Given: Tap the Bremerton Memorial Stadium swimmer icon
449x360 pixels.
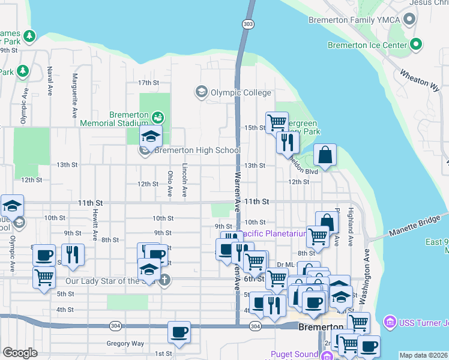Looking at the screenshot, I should (157, 116).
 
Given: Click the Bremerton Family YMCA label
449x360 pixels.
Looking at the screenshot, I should (354, 19).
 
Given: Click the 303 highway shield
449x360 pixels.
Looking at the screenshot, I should (248, 23).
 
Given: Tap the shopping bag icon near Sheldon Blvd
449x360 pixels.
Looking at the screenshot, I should (325, 155).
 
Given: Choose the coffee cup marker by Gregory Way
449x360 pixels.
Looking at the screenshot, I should (178, 331).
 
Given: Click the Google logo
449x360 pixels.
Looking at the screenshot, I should (20, 353).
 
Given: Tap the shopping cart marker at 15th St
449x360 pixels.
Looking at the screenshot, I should (277, 123).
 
